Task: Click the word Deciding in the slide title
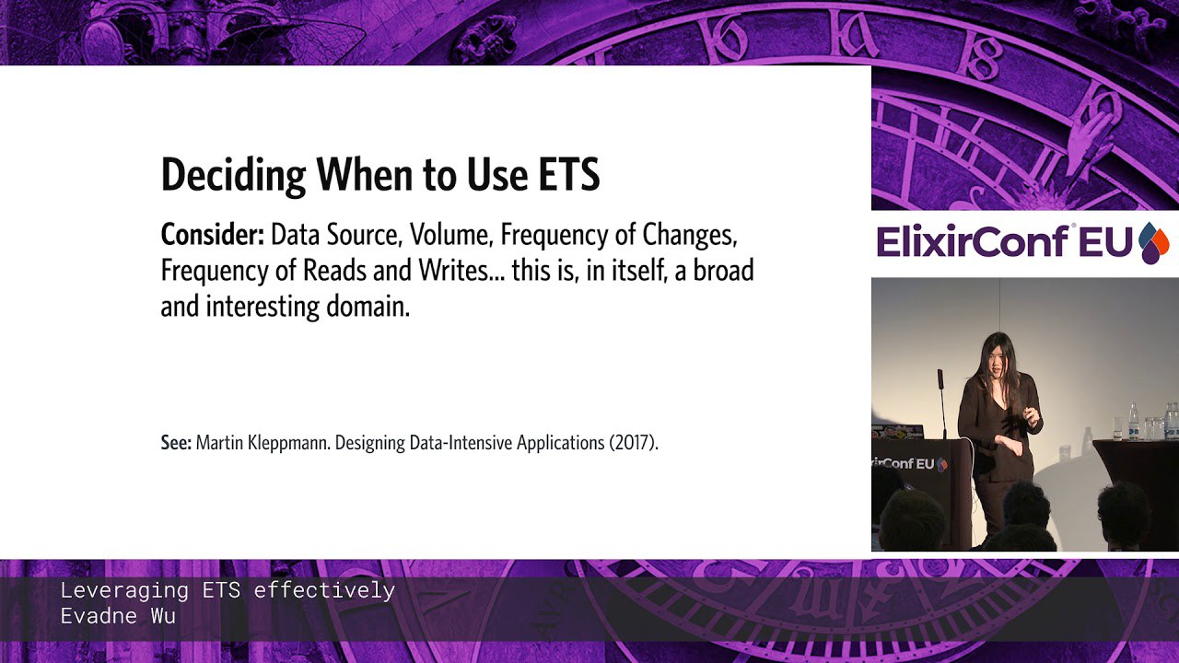click(x=233, y=176)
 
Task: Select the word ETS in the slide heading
click(x=569, y=174)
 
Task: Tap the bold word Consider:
click(x=213, y=235)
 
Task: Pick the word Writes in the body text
click(x=458, y=271)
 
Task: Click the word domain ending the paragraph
click(x=368, y=307)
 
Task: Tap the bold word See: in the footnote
click(x=176, y=443)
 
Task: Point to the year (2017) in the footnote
click(x=634, y=443)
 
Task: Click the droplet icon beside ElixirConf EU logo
click(x=1153, y=242)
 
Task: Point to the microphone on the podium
click(x=941, y=402)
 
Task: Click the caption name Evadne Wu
click(x=118, y=616)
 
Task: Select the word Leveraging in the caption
click(x=124, y=591)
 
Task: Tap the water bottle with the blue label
click(x=1133, y=422)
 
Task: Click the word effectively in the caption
click(x=324, y=590)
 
